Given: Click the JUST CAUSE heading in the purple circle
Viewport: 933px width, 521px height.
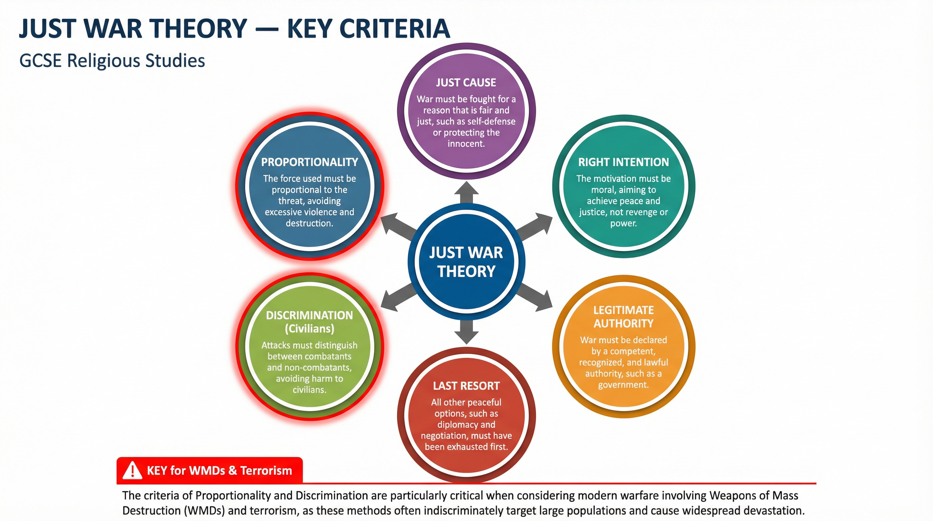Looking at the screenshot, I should click(466, 83).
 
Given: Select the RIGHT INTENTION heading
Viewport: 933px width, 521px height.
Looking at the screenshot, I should click(623, 162).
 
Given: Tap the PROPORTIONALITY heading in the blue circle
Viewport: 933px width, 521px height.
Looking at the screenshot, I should click(309, 162).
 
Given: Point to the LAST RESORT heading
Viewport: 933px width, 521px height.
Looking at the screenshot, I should click(466, 386).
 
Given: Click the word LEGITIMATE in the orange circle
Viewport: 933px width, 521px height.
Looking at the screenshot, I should click(623, 310).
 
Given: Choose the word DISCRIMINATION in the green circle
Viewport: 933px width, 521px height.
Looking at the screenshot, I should click(309, 315).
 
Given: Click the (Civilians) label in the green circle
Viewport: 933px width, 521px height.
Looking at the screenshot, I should click(309, 329).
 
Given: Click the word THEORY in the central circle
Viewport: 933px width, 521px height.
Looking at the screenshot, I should click(466, 271).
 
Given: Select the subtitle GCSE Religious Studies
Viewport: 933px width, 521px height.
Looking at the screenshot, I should click(112, 60).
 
